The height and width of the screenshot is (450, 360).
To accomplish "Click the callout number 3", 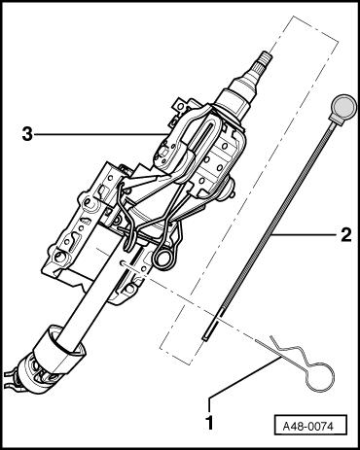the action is pos(27,134).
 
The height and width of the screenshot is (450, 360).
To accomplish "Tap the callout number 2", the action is pos(346,234).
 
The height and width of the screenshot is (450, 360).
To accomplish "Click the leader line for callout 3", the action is pos(99,133).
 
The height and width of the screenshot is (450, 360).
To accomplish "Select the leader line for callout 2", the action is pos(304,234).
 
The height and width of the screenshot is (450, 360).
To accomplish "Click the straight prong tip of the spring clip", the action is pos(260,342).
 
